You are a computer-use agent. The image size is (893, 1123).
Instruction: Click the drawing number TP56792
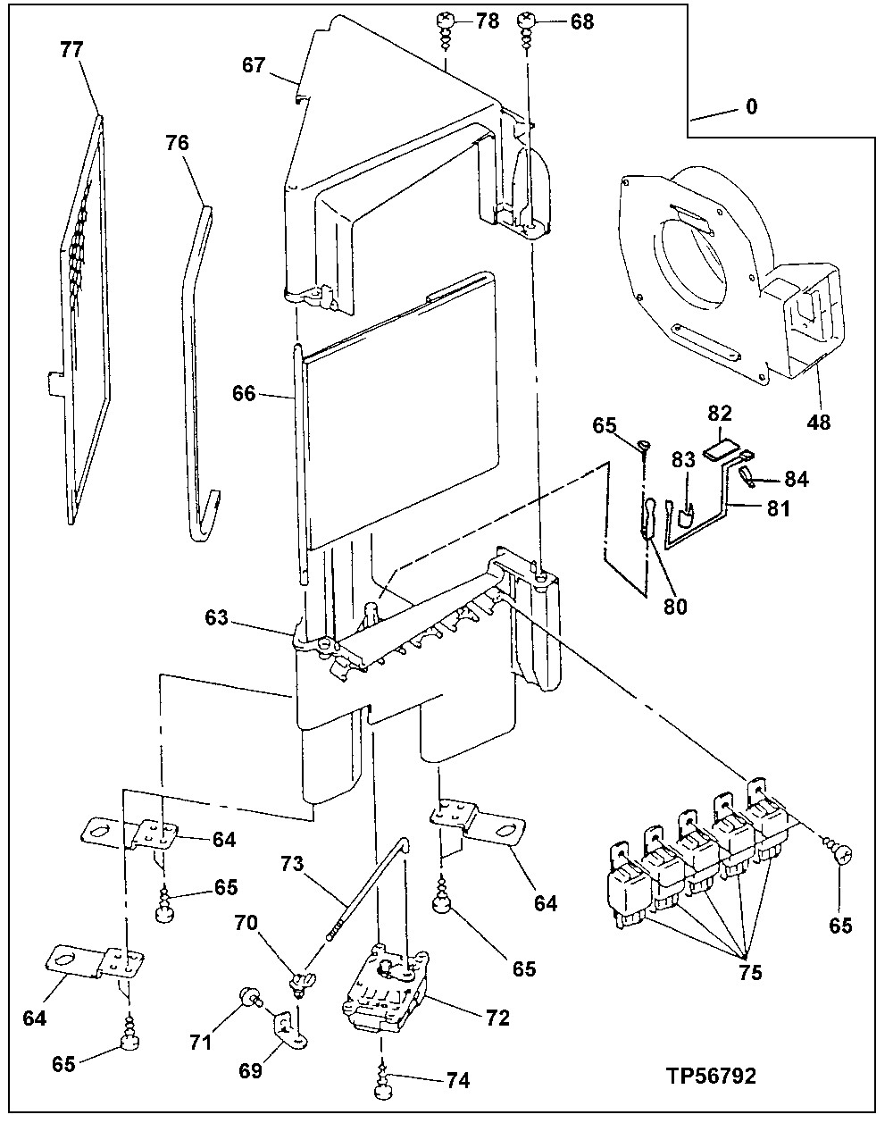[710, 1076]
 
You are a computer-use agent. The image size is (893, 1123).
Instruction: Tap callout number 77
[72, 50]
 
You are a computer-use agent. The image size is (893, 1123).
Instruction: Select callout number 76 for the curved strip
[177, 143]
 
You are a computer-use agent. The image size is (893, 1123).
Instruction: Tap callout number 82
[720, 414]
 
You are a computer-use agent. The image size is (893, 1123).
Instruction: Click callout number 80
[675, 605]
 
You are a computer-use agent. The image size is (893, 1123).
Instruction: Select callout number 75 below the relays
[750, 974]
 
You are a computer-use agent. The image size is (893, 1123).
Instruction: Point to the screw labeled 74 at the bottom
[385, 1084]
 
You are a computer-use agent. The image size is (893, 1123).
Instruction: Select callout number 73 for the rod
[291, 865]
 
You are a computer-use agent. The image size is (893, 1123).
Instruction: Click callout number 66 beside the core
[244, 393]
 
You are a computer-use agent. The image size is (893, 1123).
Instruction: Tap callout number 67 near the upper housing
[254, 65]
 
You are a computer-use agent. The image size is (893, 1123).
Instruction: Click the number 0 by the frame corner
[752, 107]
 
